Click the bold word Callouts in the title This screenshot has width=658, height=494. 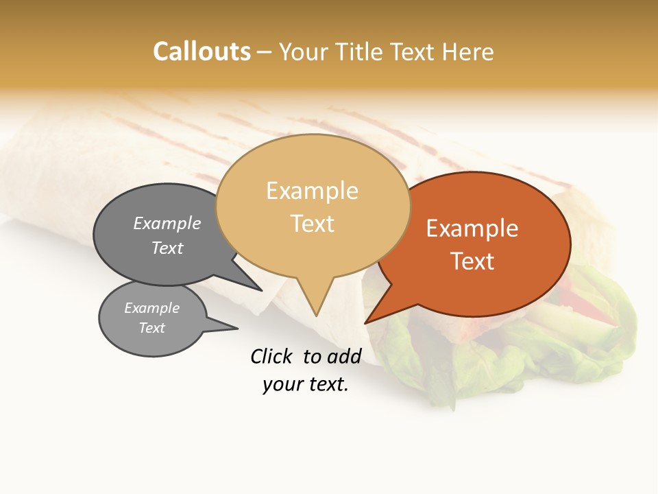tap(202, 51)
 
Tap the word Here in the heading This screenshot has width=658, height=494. tap(465, 51)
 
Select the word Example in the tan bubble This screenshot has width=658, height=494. tap(312, 191)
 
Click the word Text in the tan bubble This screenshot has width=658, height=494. tap(313, 224)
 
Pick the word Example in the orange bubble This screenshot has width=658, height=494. tap(472, 228)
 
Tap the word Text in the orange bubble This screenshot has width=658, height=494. tap(472, 261)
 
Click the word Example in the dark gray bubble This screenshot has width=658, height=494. tap(167, 224)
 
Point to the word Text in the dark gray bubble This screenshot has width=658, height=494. tap(167, 248)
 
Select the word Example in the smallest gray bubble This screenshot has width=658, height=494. tap(151, 308)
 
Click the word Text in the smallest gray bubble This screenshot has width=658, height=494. tap(151, 328)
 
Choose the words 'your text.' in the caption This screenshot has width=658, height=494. tap(305, 385)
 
